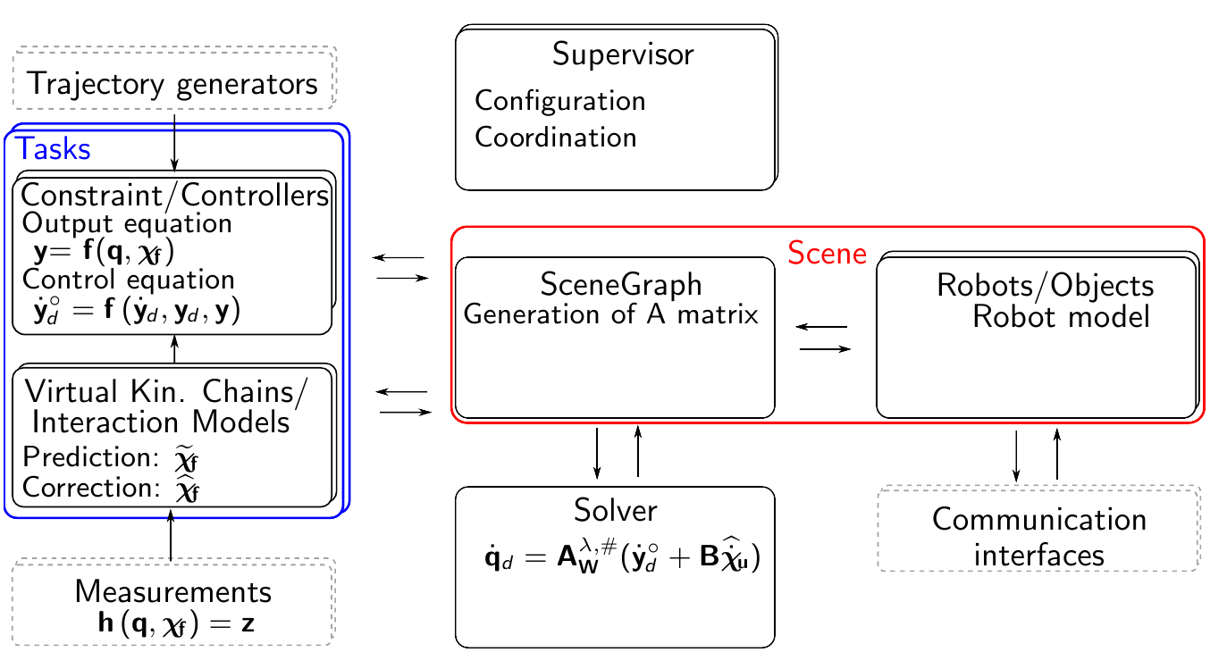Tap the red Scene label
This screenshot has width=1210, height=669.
click(x=827, y=254)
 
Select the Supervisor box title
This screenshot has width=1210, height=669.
click(x=622, y=54)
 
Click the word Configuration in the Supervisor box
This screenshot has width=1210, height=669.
click(x=559, y=100)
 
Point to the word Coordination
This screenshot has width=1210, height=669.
click(x=555, y=138)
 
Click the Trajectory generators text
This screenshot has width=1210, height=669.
click(x=172, y=84)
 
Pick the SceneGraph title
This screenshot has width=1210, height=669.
click(x=620, y=285)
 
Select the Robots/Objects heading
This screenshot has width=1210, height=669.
click(x=1045, y=286)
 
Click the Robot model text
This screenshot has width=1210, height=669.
click(x=1061, y=316)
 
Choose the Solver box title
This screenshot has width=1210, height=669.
click(x=615, y=510)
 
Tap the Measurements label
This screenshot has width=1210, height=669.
click(x=173, y=591)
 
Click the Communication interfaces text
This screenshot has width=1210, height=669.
click(x=1038, y=537)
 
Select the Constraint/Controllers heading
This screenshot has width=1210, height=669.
click(x=175, y=195)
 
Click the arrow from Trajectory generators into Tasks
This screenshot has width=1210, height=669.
click(x=174, y=138)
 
